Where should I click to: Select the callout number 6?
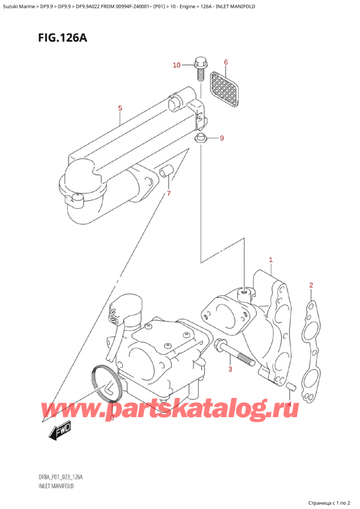tap(226, 62)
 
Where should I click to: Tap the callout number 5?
tap(120, 108)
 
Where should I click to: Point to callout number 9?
tap(221, 139)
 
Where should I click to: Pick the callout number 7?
tap(169, 193)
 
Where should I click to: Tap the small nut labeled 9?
tap(202, 139)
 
